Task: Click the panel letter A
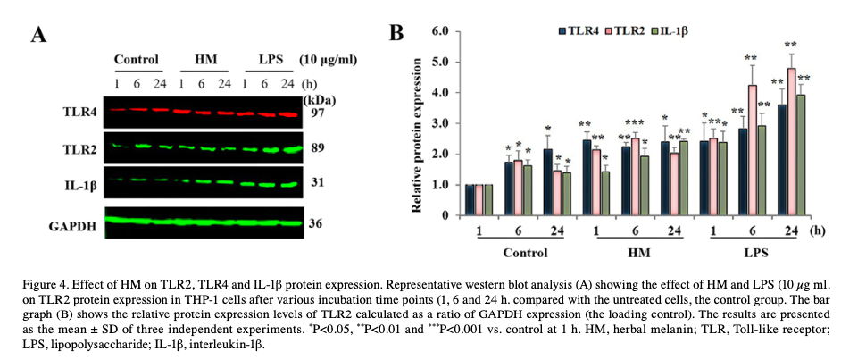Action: tap(38, 36)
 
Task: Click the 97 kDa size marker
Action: tap(317, 113)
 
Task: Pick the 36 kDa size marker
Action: tap(317, 224)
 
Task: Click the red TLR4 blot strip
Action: tap(203, 112)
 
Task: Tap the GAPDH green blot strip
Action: tap(203, 219)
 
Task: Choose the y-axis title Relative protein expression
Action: tap(417, 123)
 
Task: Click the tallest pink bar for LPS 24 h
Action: tap(791, 141)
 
